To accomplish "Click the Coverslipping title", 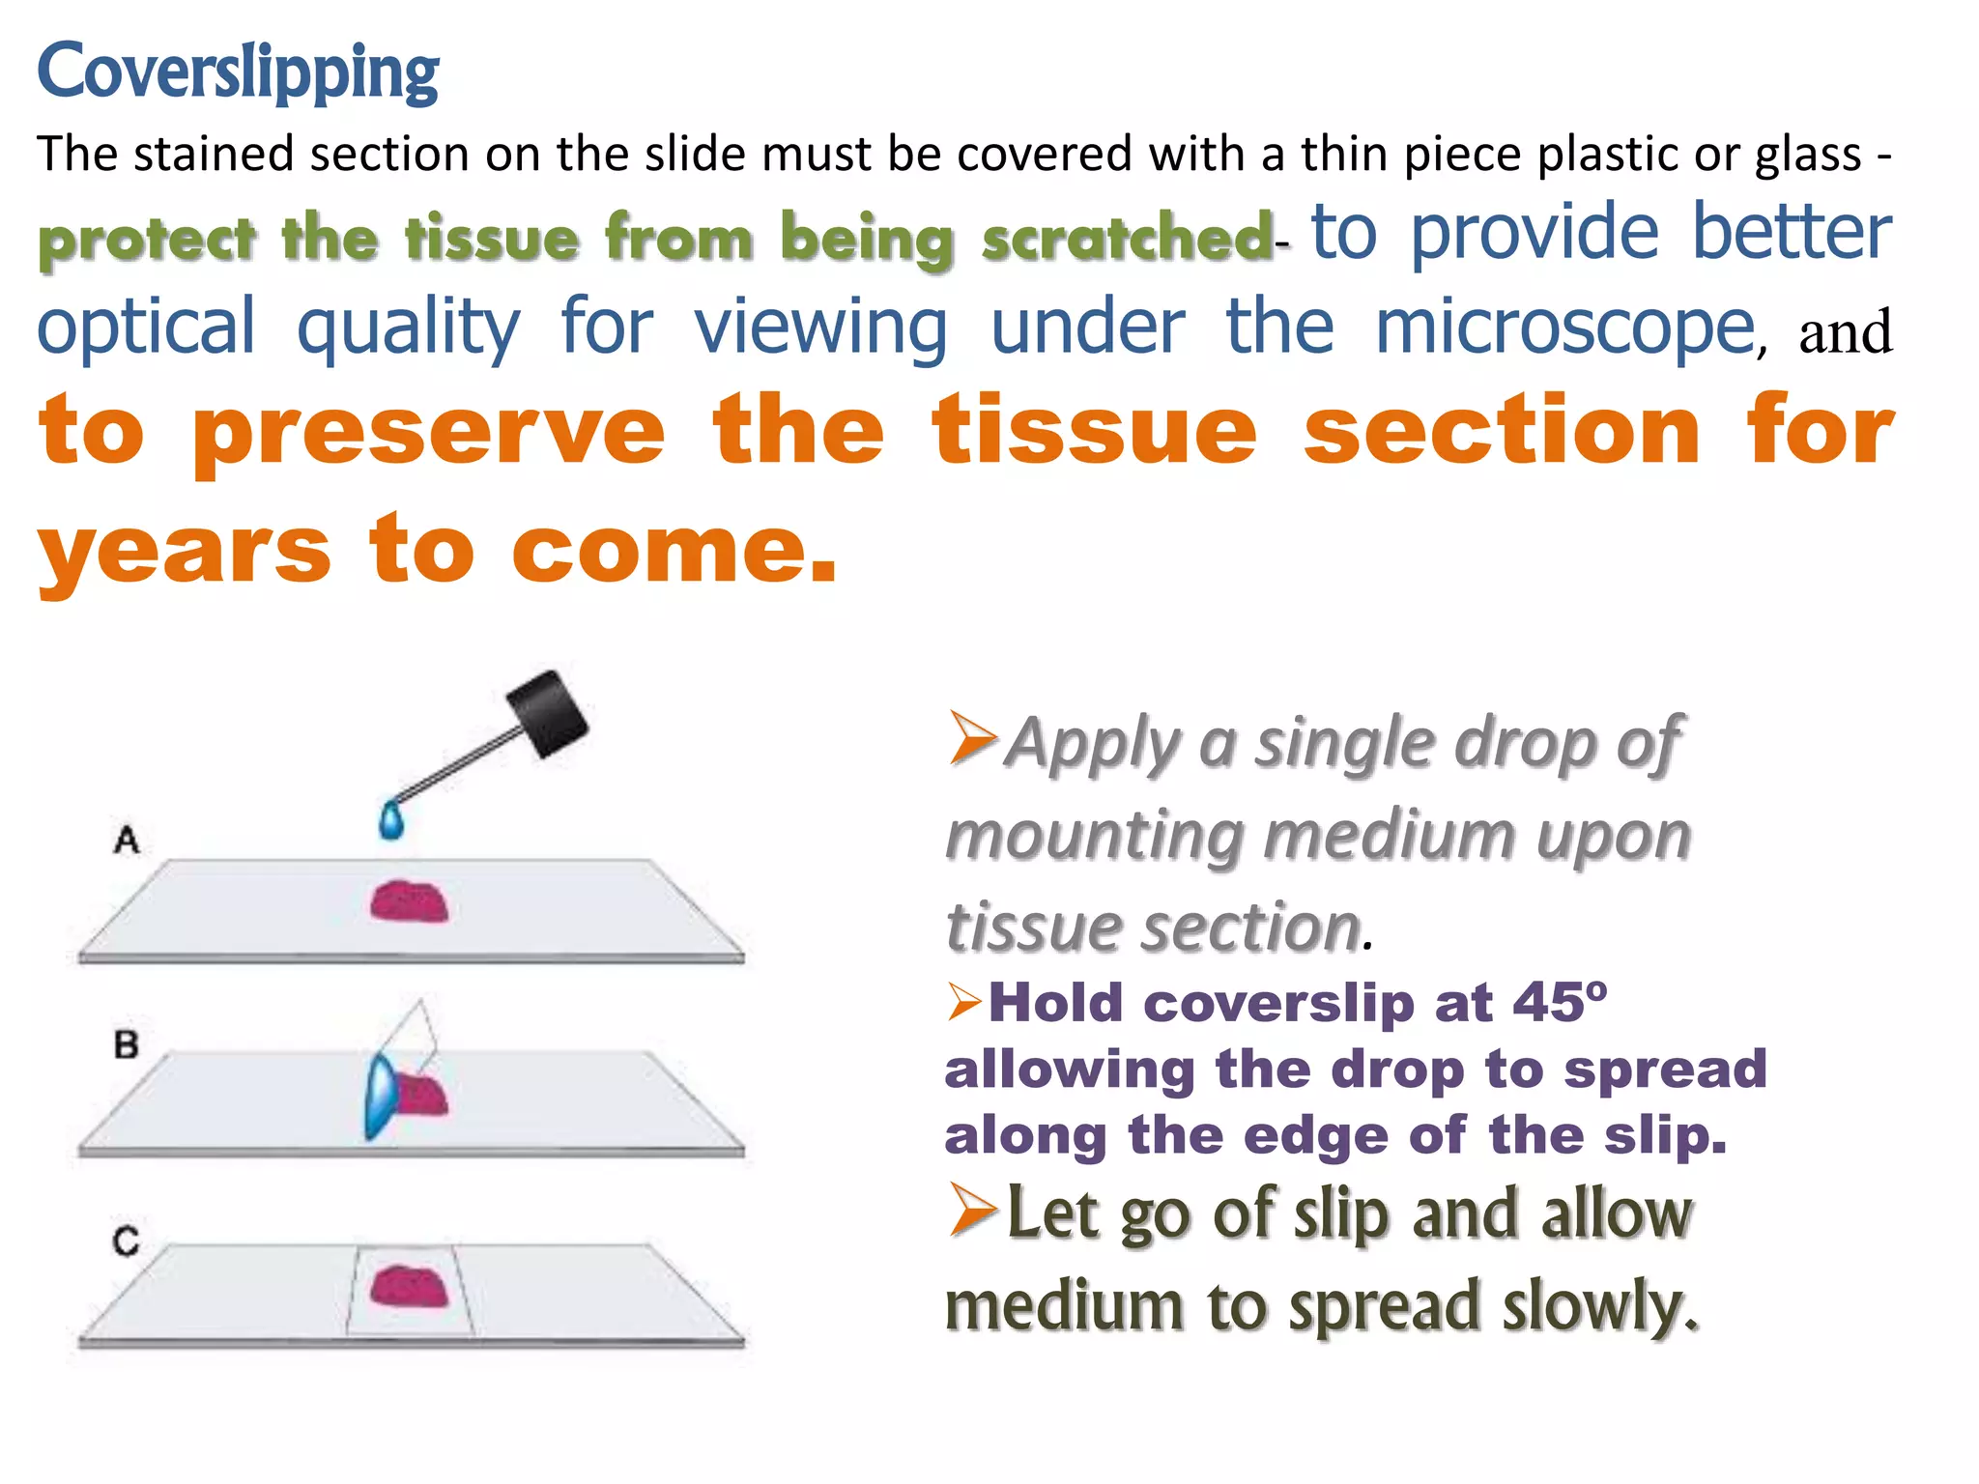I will pos(238,71).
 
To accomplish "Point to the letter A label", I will pos(127,840).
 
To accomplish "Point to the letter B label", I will pos(127,1044).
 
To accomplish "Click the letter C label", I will pos(126,1241).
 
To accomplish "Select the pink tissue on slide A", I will pos(410,901).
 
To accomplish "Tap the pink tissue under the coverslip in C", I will pos(410,1287).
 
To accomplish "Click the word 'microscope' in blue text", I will pos(1564,328).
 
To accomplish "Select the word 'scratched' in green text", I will pos(1127,238).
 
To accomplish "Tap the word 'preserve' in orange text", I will pos(429,432).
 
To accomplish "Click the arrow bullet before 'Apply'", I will pos(971,738).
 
